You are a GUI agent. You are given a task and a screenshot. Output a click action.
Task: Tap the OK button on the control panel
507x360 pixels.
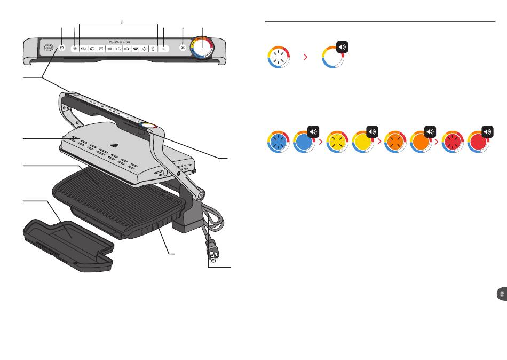coord(183,48)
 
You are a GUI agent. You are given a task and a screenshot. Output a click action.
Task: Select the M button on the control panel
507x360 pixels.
coord(163,48)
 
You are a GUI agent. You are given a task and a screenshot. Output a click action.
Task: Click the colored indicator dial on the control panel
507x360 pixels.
coord(202,47)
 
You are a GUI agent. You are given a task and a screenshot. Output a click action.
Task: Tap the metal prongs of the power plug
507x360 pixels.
coord(213,256)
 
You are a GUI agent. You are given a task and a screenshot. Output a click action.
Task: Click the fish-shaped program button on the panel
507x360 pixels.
coord(126,49)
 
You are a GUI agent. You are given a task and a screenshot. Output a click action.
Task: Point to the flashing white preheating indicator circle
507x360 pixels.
coord(278,56)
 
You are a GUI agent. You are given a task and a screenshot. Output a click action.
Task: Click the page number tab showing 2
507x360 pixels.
coord(501,295)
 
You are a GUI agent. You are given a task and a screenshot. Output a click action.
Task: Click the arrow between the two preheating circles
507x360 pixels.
coord(305,56)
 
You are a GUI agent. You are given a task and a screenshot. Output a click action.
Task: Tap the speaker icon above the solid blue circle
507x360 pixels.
coord(313,131)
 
